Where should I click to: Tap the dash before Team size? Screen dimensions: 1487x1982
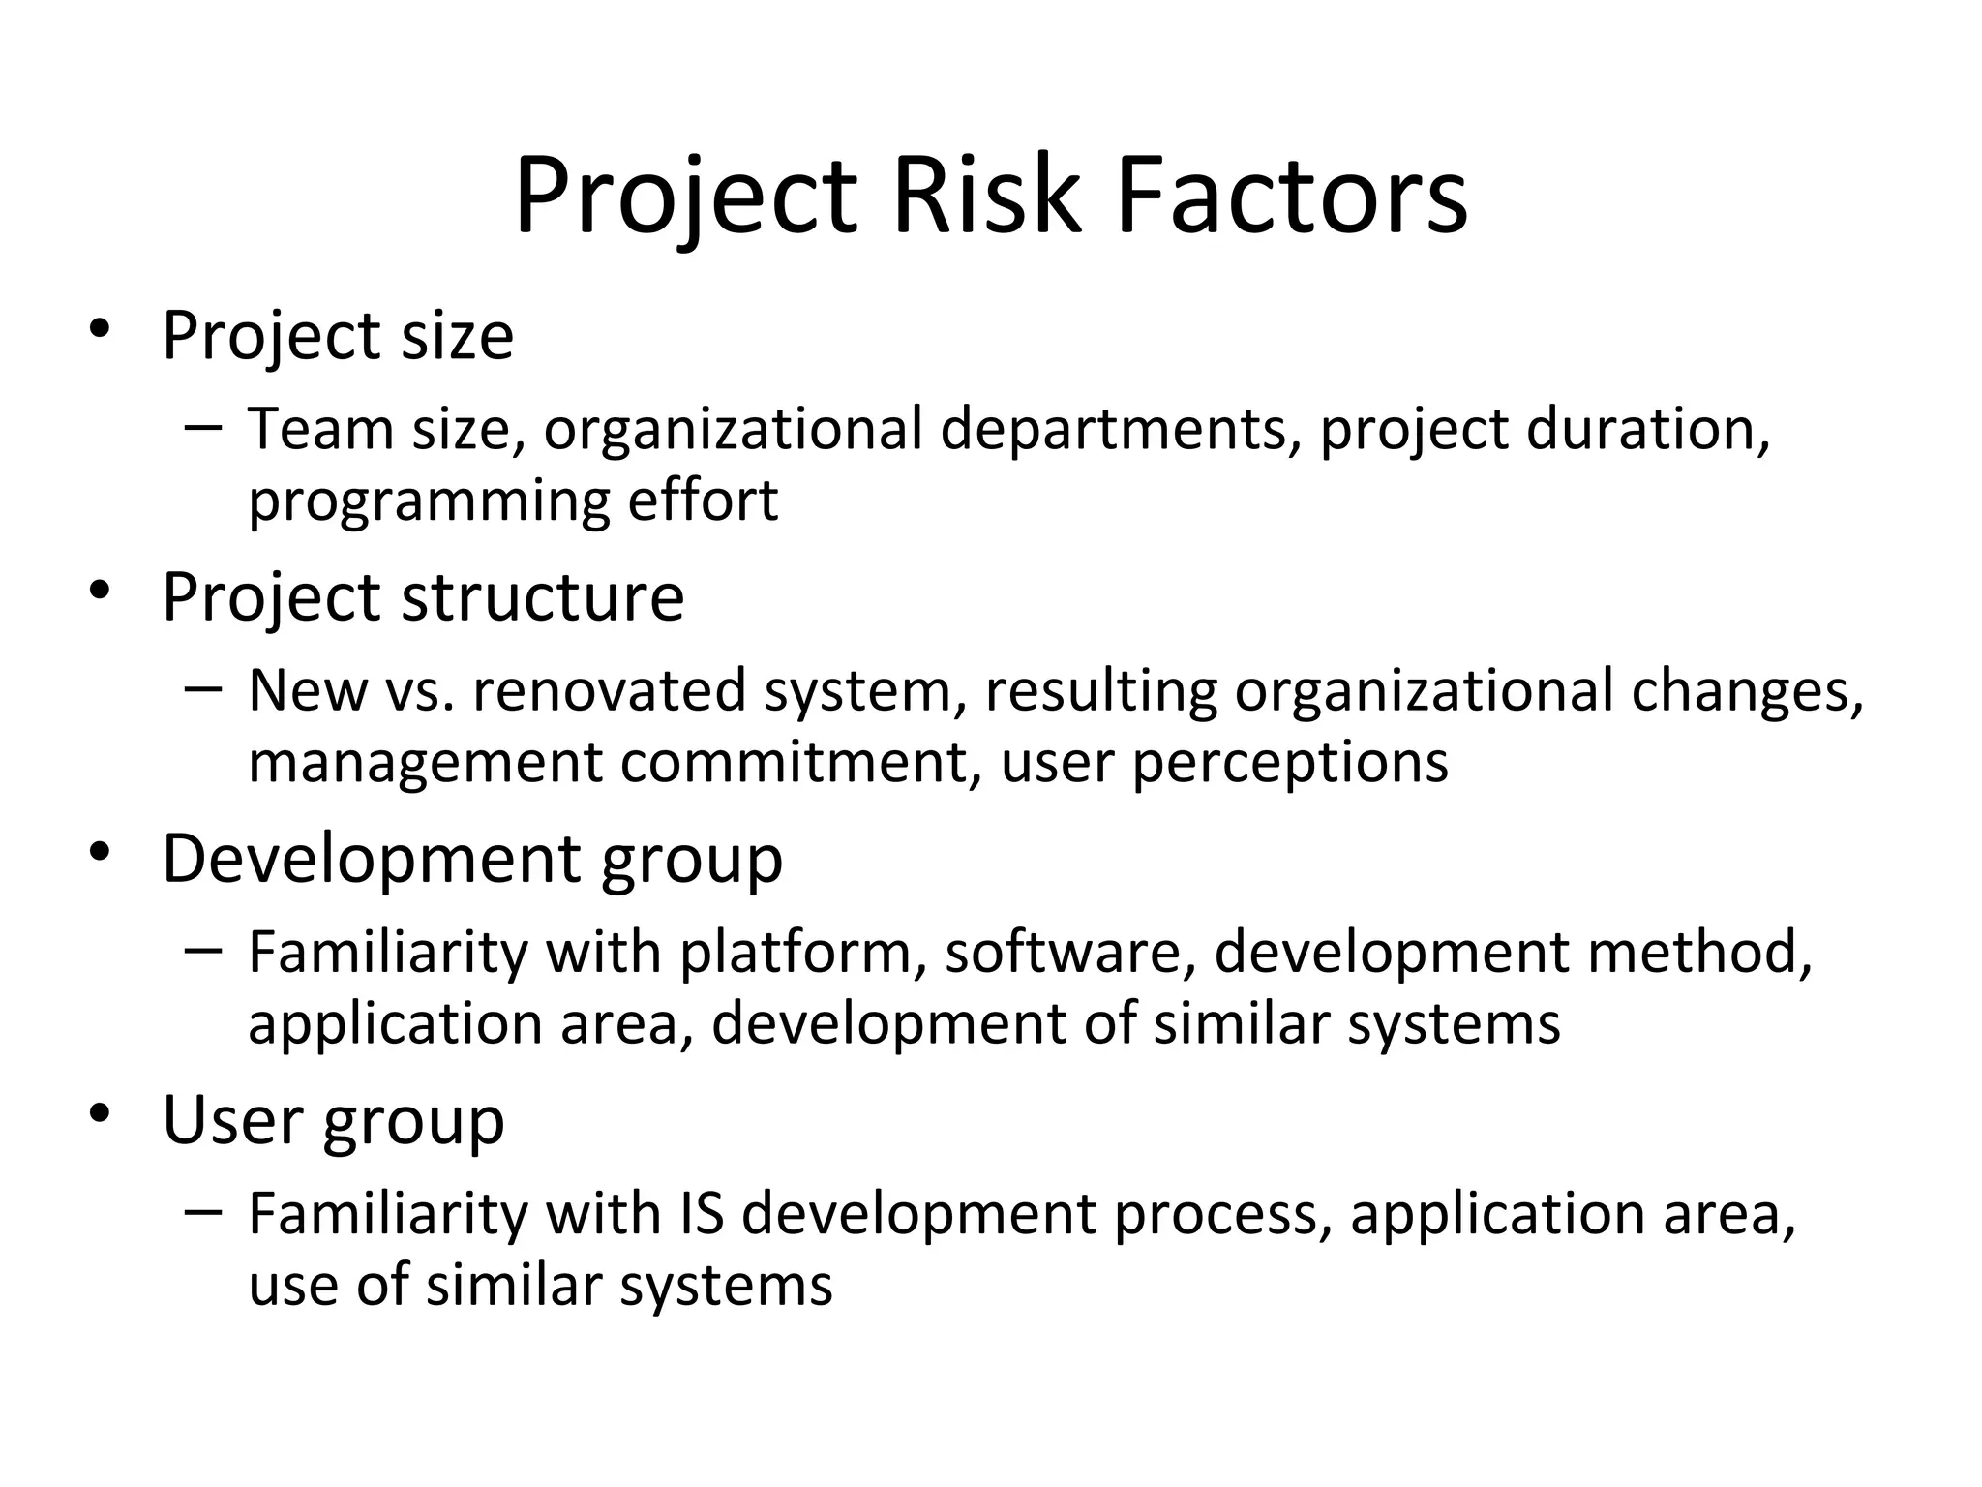pos(202,426)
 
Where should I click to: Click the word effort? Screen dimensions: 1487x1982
pos(703,500)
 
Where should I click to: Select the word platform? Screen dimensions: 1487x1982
pos(795,953)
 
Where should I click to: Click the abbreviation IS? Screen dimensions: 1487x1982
pos(702,1214)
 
